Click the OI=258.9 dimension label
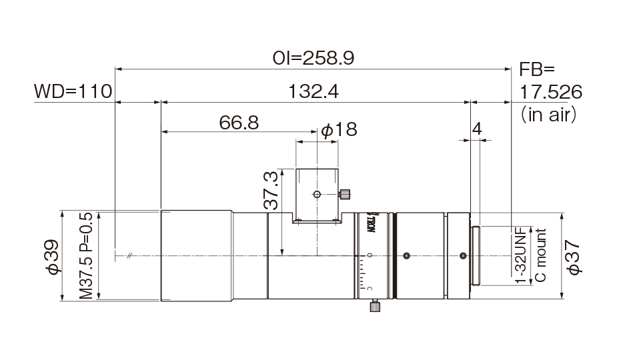313,58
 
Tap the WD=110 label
73,91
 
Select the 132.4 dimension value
313,91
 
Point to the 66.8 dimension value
239,123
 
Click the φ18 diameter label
339,129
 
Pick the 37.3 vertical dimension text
271,190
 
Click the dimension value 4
477,129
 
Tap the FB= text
537,69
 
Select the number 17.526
550,92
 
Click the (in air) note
548,115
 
